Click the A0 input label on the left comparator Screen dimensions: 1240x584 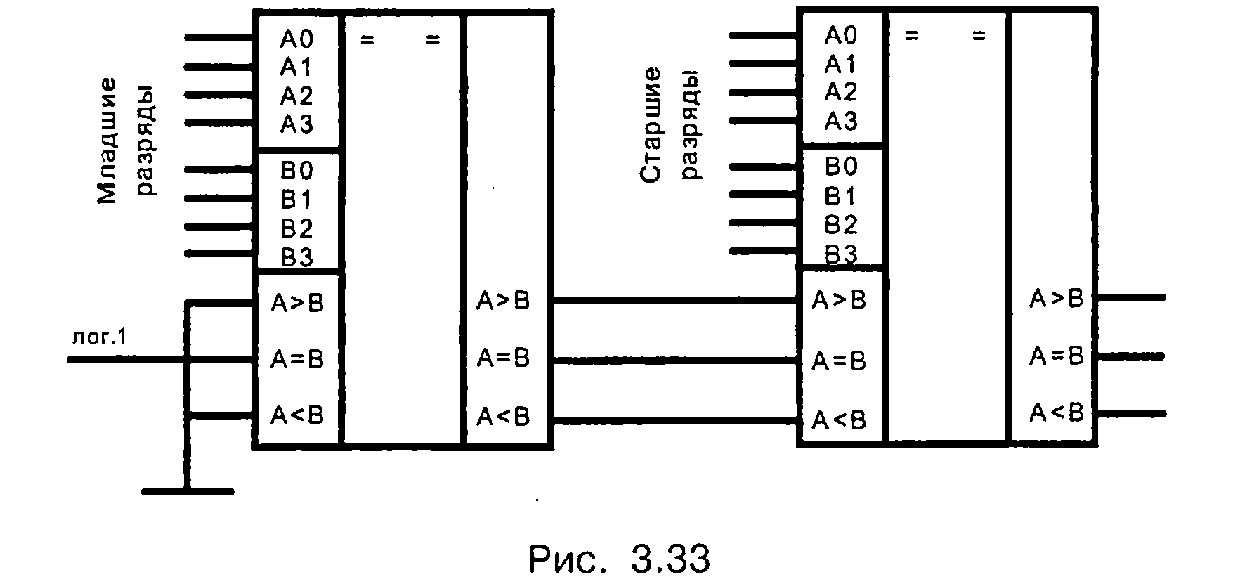click(x=296, y=39)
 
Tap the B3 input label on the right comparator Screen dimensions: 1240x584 click(x=841, y=254)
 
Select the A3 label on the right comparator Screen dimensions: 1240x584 click(x=841, y=122)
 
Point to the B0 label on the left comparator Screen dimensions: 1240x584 click(x=296, y=171)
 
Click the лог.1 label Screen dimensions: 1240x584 click(x=99, y=337)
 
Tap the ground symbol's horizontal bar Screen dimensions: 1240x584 click(x=187, y=491)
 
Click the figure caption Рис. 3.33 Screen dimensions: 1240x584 click(x=618, y=559)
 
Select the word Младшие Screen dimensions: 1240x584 click(x=107, y=141)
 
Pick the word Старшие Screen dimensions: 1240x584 click(x=651, y=125)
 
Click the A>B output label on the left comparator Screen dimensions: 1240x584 click(x=503, y=301)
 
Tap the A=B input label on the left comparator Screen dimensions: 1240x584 click(x=297, y=359)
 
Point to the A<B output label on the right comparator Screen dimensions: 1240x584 click(x=1056, y=413)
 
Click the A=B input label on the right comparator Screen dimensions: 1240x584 click(x=839, y=361)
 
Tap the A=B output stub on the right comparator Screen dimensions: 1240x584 click(x=1130, y=356)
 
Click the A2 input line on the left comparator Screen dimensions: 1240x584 click(x=218, y=96)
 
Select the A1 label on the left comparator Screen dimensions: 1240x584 click(x=296, y=67)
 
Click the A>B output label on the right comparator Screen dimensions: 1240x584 click(x=1056, y=299)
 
